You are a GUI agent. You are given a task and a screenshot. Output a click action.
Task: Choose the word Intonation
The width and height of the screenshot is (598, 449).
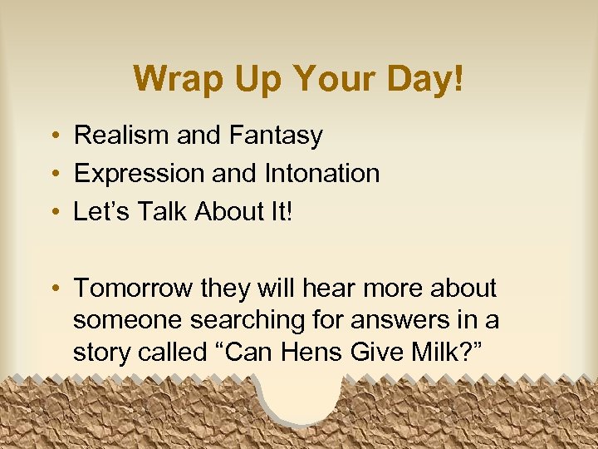point(321,174)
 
